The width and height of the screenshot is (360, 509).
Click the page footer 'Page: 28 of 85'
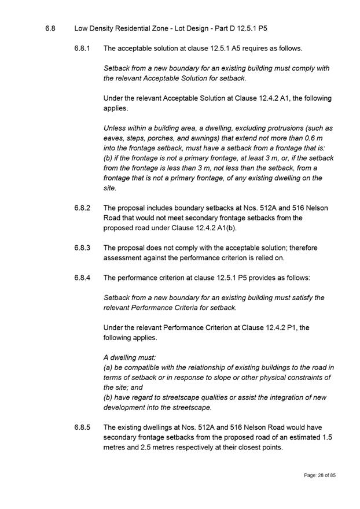pyautogui.click(x=320, y=475)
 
